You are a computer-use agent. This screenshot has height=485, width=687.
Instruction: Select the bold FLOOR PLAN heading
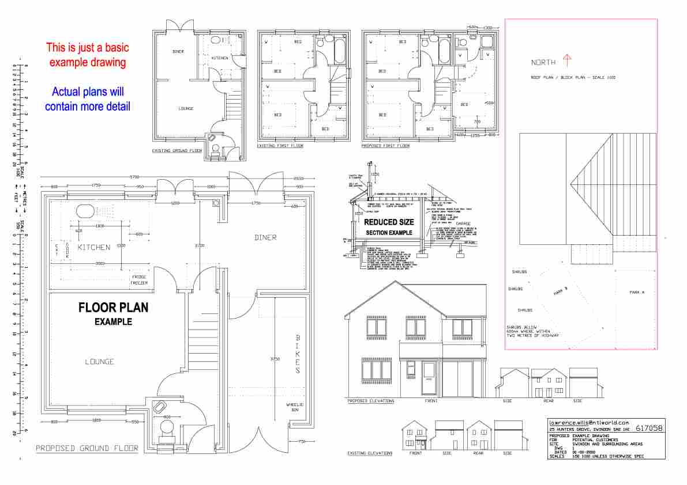(113, 308)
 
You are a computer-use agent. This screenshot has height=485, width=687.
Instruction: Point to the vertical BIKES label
(298, 354)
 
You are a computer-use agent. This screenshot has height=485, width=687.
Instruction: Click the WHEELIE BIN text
(295, 408)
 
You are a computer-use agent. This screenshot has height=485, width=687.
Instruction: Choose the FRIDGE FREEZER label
(138, 280)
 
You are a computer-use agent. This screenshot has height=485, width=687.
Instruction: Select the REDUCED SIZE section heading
(389, 222)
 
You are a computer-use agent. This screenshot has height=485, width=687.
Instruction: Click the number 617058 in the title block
(648, 429)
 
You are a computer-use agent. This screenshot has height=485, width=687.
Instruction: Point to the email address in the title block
(588, 422)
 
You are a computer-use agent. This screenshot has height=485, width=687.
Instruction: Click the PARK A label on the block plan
(636, 293)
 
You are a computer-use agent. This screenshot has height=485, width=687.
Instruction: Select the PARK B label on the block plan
(561, 291)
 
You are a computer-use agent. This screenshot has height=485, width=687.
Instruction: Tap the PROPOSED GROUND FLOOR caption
(87, 448)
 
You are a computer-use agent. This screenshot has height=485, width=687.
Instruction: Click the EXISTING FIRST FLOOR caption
(280, 146)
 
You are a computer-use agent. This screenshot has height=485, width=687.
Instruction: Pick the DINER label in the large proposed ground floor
(265, 237)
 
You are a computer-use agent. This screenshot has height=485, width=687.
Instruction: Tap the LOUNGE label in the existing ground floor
(186, 108)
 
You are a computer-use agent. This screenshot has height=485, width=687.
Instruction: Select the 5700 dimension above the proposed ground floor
(134, 177)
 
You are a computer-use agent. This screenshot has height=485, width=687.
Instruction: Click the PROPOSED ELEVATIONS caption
(370, 400)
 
